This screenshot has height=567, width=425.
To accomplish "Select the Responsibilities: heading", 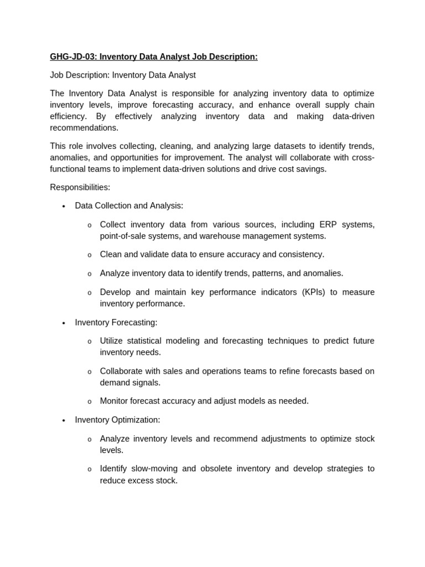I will point(80,187).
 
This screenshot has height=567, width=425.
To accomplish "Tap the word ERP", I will point(328,225).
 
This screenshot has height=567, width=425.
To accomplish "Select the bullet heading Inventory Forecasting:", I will point(116,322).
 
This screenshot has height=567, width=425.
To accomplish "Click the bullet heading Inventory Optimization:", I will point(117,420).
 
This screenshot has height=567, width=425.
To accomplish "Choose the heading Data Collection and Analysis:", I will point(129,206).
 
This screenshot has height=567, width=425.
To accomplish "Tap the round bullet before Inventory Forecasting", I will point(64,323).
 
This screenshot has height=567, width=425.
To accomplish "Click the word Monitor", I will point(116,401).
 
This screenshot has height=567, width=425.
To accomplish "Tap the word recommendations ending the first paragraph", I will point(84,128).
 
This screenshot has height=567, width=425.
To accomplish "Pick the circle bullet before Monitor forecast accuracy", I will point(89,401).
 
